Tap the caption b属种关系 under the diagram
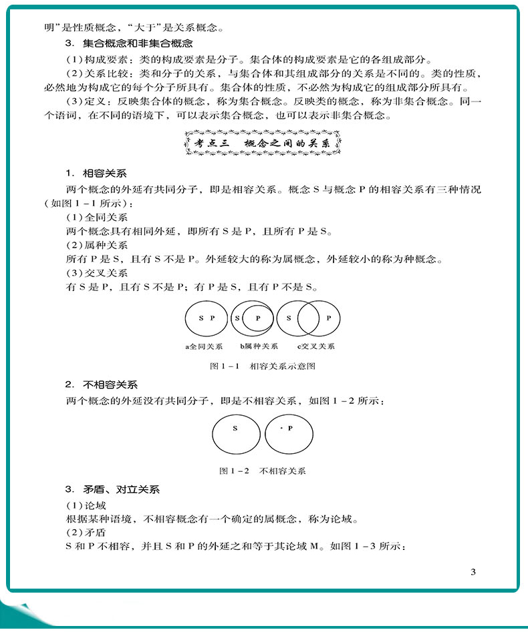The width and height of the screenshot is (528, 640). click(259, 346)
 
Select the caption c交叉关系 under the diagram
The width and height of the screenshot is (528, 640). click(317, 346)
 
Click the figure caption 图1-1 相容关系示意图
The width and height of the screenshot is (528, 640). click(263, 366)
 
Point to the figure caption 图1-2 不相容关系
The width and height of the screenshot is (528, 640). click(263, 470)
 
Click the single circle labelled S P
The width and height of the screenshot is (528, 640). click(207, 318)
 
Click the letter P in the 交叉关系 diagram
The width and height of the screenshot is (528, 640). click(329, 318)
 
